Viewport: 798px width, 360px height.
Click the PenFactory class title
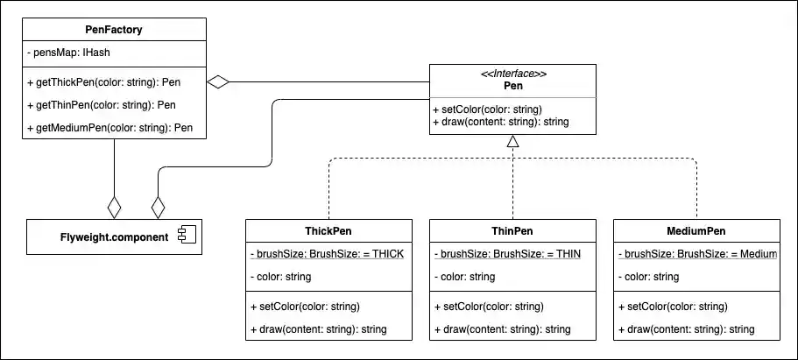[x=114, y=30]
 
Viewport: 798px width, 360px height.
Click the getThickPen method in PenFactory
[x=114, y=82]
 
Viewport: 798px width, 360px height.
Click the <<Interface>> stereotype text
[x=513, y=74]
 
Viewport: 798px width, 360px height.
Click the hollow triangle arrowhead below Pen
[x=513, y=141]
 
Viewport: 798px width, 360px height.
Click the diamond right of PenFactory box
[x=217, y=82]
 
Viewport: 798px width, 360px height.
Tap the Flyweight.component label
[x=114, y=236]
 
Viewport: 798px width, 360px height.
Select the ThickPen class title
[x=328, y=231]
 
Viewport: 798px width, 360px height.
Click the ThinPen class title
[x=513, y=231]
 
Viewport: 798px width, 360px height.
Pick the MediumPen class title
[x=697, y=231]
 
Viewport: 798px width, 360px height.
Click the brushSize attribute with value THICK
[x=327, y=254]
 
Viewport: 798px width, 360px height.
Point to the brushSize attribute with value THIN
[x=507, y=254]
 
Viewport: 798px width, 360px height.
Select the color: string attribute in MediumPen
[x=648, y=277]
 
